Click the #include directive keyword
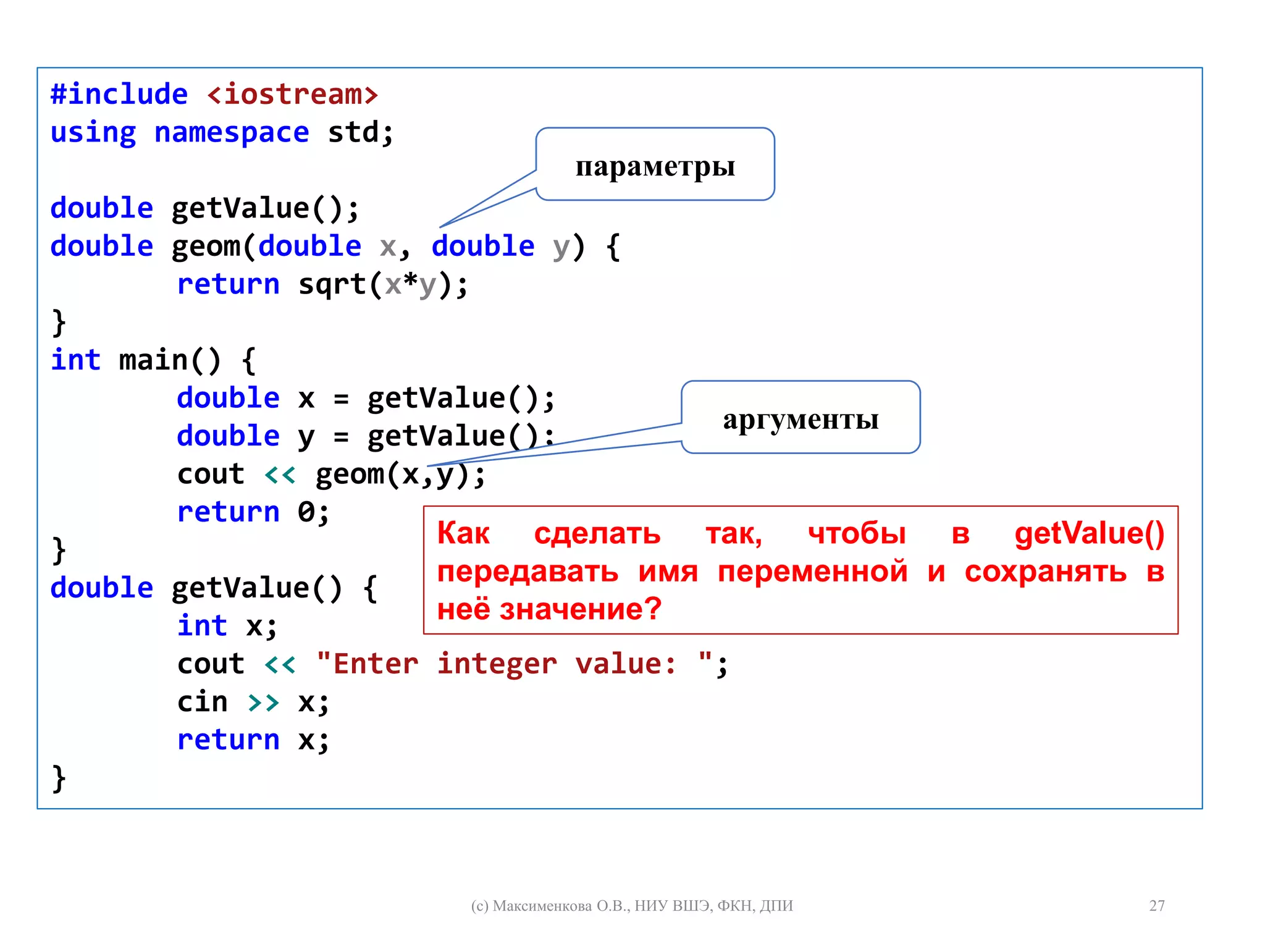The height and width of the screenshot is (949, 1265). click(119, 95)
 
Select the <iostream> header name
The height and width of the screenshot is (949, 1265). click(292, 95)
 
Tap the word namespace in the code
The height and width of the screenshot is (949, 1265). click(232, 132)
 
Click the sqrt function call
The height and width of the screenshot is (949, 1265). click(332, 284)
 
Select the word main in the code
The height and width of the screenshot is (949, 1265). click(153, 360)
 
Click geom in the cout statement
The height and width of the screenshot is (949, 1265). click(350, 474)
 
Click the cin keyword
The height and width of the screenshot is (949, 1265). click(203, 702)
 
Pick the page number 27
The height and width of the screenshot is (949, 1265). click(1156, 906)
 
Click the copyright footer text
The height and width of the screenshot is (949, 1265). click(631, 906)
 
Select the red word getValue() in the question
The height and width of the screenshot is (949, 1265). click(1089, 533)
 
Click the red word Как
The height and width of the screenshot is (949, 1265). click(463, 533)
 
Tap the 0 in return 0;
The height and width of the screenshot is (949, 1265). click(306, 512)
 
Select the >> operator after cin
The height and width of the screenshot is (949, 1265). click(263, 702)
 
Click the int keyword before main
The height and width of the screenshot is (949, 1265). click(75, 360)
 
